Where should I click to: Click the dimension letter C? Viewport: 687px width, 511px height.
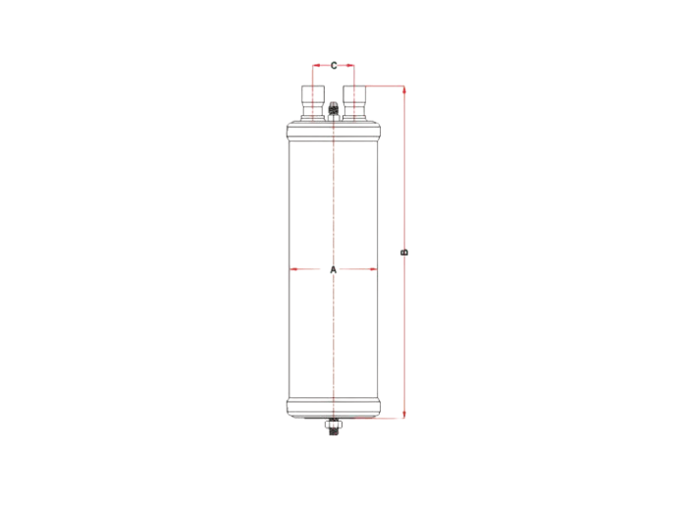pyautogui.click(x=334, y=66)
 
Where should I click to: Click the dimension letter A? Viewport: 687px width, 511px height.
pyautogui.click(x=334, y=269)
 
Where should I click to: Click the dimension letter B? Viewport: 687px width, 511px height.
pyautogui.click(x=404, y=253)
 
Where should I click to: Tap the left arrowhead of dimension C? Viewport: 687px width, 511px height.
pyautogui.click(x=316, y=66)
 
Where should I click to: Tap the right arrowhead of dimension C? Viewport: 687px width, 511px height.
pyautogui.click(x=350, y=66)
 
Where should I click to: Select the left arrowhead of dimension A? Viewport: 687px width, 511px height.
pyautogui.click(x=294, y=269)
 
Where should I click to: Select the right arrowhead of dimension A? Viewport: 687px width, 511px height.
pyautogui.click(x=373, y=269)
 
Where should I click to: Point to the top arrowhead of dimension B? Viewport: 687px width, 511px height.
pyautogui.click(x=404, y=90)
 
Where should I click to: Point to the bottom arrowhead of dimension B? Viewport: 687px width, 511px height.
pyautogui.click(x=404, y=414)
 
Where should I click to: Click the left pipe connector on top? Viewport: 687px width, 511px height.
pyautogui.click(x=313, y=103)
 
